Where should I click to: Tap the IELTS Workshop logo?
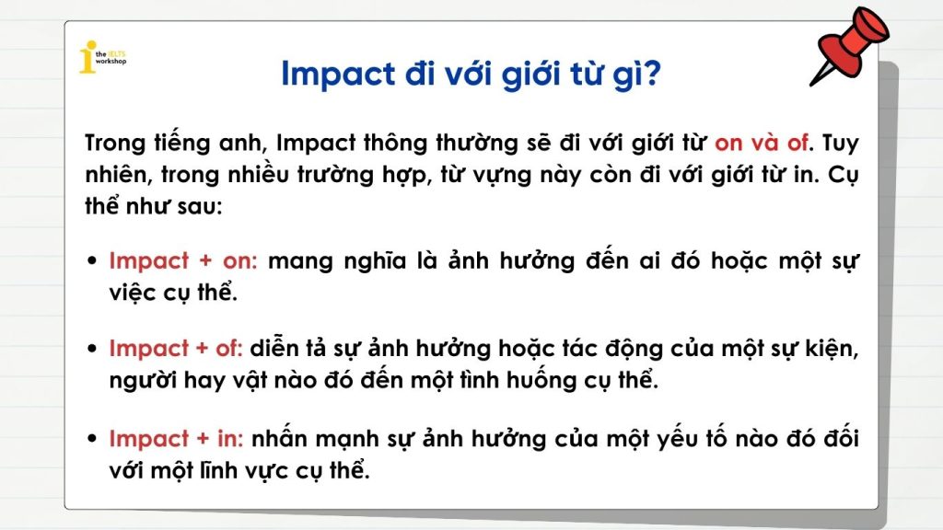pyautogui.click(x=102, y=57)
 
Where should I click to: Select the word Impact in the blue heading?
pyautogui.click(x=338, y=75)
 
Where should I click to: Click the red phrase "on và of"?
pyautogui.click(x=762, y=143)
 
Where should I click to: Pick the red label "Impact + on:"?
pyautogui.click(x=183, y=261)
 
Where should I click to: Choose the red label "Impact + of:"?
pyautogui.click(x=176, y=349)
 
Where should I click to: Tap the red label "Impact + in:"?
pyautogui.click(x=176, y=439)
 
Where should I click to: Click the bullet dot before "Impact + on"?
pyautogui.click(x=92, y=260)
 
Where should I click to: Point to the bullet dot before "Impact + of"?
pyautogui.click(x=92, y=349)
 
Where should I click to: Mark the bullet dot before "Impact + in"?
pyautogui.click(x=92, y=439)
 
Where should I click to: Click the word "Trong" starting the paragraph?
pyautogui.click(x=115, y=144)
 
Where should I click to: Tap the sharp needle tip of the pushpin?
pyautogui.click(x=811, y=85)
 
